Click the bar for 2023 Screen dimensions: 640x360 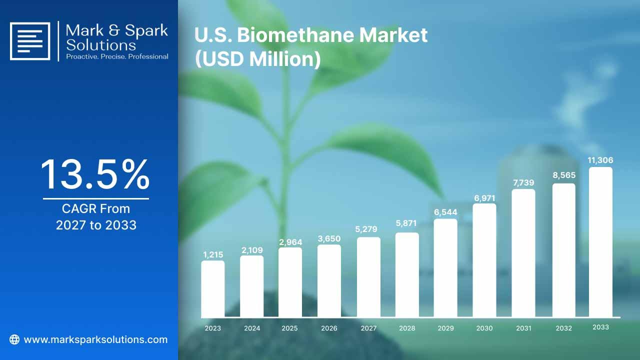[x=213, y=289]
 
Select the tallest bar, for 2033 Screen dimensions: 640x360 [x=600, y=242]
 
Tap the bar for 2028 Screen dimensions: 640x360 [x=407, y=275]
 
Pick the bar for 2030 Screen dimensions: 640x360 [x=484, y=260]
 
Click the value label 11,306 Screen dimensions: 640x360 [x=600, y=160]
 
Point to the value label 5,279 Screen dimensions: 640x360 [x=366, y=229]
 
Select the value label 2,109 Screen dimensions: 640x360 [x=252, y=250]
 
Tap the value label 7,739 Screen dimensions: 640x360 [x=523, y=182]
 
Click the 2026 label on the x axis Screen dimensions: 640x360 [x=329, y=328]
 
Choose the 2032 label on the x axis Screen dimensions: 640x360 [x=563, y=328]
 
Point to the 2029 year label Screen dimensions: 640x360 [x=445, y=328]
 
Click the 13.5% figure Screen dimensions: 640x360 [x=95, y=174]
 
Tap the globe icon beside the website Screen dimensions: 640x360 [x=14, y=339]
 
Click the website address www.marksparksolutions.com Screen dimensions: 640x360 [x=95, y=339]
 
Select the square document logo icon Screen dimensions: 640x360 [x=30, y=41]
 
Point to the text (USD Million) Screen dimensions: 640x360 [x=257, y=59]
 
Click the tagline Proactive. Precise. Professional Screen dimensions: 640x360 [x=117, y=56]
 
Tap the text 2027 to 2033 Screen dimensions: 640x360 [x=96, y=225]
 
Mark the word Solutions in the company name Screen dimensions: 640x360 [x=101, y=45]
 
